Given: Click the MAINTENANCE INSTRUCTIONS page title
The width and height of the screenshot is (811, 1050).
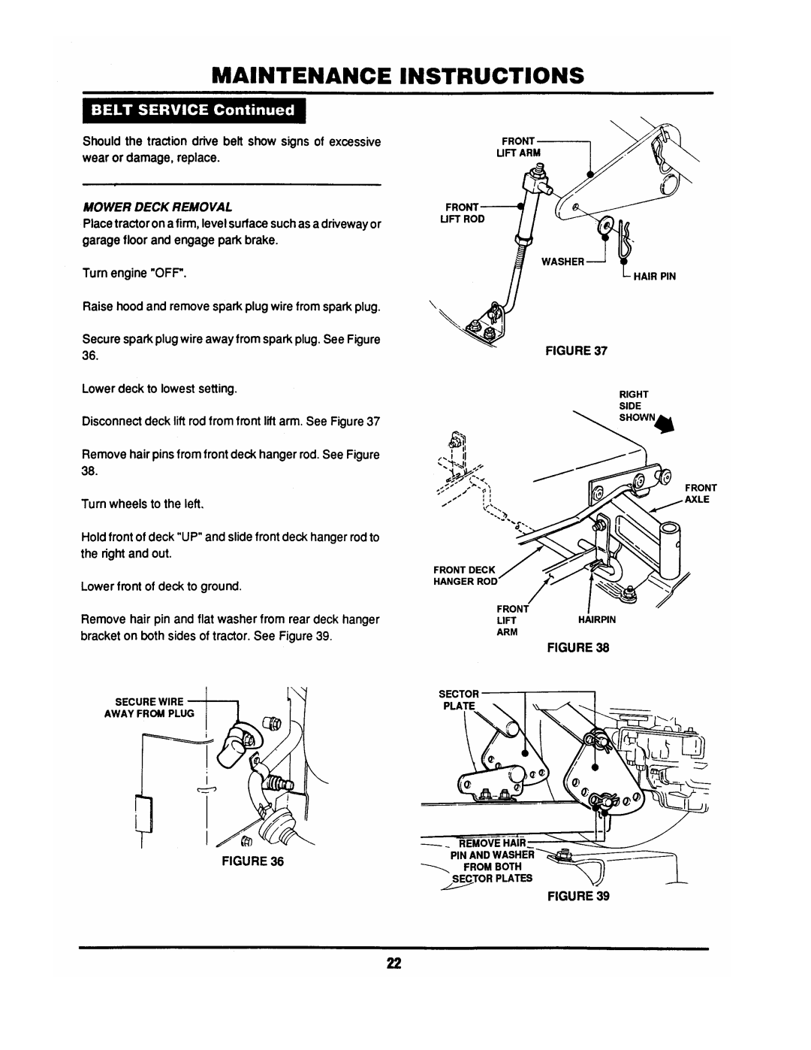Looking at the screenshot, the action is point(398,75).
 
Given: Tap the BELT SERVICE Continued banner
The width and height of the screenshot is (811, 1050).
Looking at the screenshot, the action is point(194,110).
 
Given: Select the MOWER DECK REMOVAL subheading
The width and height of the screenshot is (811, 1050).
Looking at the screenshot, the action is point(158,207).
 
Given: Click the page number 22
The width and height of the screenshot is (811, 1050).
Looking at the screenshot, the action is point(394,977).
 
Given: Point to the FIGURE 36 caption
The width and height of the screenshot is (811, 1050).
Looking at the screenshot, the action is point(252,875).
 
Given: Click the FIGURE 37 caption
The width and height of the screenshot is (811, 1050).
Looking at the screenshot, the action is point(576,351).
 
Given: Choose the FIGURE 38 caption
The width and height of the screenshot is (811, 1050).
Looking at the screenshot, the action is point(578,647).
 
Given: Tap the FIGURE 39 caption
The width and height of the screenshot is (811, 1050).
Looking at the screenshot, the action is point(578,896).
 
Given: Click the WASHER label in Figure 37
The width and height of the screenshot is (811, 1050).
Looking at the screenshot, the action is point(562,262).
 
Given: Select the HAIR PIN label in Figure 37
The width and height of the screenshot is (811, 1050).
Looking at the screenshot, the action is point(655,277).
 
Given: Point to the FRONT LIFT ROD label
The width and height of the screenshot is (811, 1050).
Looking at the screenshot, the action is point(462,213).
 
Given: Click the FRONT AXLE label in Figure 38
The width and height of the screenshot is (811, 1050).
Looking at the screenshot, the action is point(701,493).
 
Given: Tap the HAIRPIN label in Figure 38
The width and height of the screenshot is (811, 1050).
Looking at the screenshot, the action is point(597,619).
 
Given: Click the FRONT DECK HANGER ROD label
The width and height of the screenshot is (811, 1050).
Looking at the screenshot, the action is point(466,576).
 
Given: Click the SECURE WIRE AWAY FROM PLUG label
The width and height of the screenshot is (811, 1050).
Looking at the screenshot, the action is point(149,707).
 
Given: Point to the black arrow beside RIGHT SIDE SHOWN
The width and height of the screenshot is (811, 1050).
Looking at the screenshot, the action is point(666,424).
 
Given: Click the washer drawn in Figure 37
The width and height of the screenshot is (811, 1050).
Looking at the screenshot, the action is point(604,225).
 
